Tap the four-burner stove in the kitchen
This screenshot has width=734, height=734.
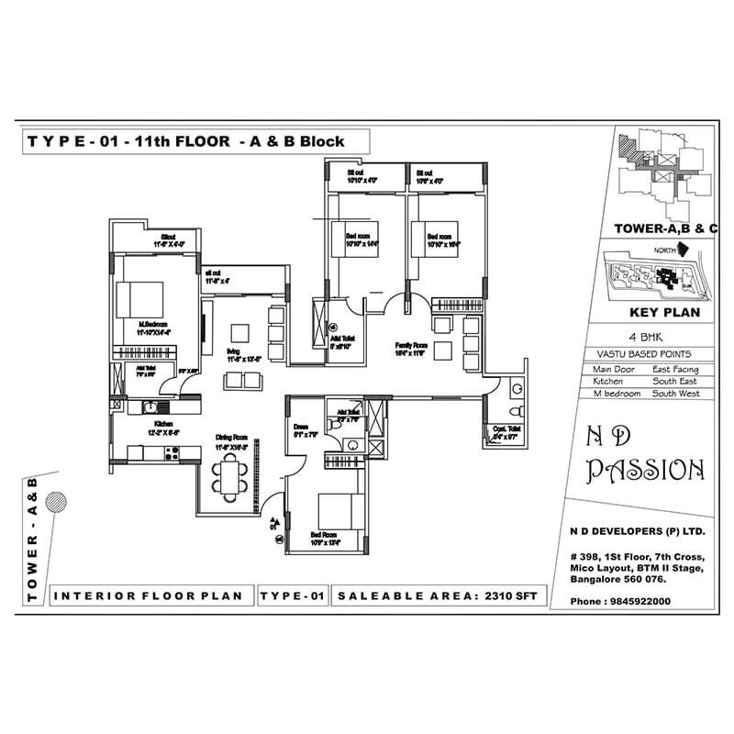pyautogui.click(x=171, y=450)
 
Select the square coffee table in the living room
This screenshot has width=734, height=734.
pyautogui.click(x=240, y=331)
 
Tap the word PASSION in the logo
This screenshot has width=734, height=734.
pyautogui.click(x=647, y=471)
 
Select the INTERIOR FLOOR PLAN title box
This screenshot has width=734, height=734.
pyautogui.click(x=149, y=596)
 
